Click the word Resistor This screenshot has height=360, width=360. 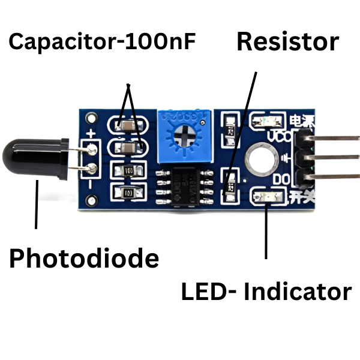287,43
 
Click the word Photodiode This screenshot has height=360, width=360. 84,259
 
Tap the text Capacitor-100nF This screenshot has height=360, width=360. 102,42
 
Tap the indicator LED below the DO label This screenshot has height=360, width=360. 268,196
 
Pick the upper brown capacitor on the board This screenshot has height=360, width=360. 127,126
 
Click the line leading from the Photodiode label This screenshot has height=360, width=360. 37,204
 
